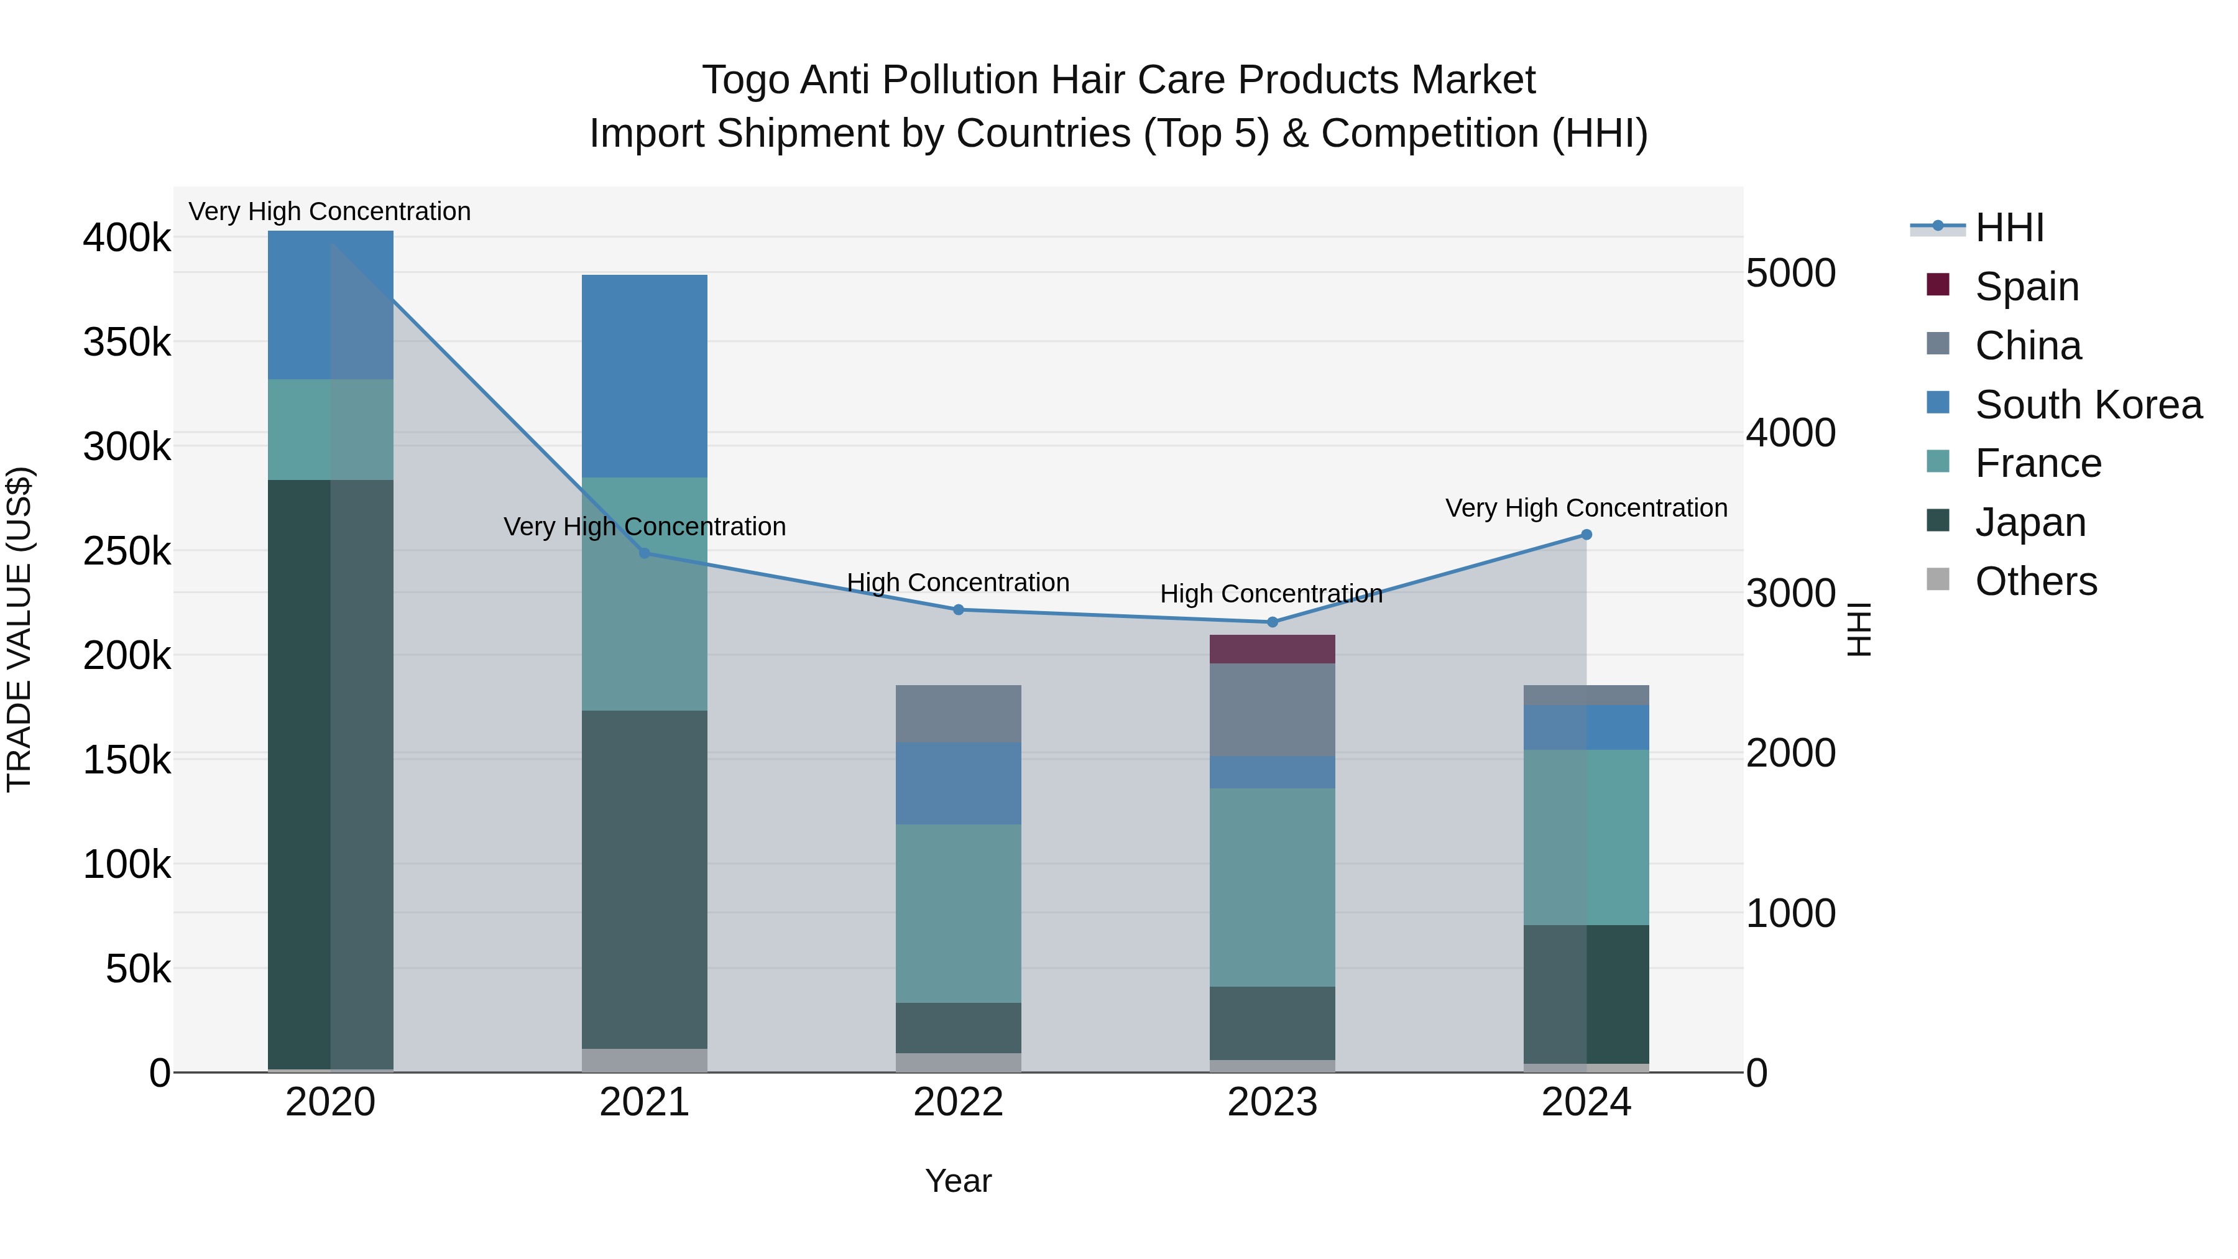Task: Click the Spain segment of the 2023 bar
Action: tap(1272, 649)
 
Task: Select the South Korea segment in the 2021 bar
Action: tap(644, 376)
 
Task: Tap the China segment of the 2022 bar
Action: tap(957, 713)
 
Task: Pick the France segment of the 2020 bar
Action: tap(330, 429)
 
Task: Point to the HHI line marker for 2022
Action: tap(958, 610)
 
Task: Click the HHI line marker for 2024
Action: tap(1586, 535)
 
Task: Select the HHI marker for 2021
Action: tap(644, 553)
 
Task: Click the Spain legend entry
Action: tap(2026, 287)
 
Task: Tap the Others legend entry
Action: tap(2035, 581)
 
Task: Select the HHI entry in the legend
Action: tap(2009, 228)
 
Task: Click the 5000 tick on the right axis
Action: tap(1790, 273)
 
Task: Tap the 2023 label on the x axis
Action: tap(1272, 1102)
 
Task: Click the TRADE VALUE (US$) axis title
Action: tap(19, 629)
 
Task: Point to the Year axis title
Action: tap(957, 1181)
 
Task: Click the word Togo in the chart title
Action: tap(745, 80)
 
